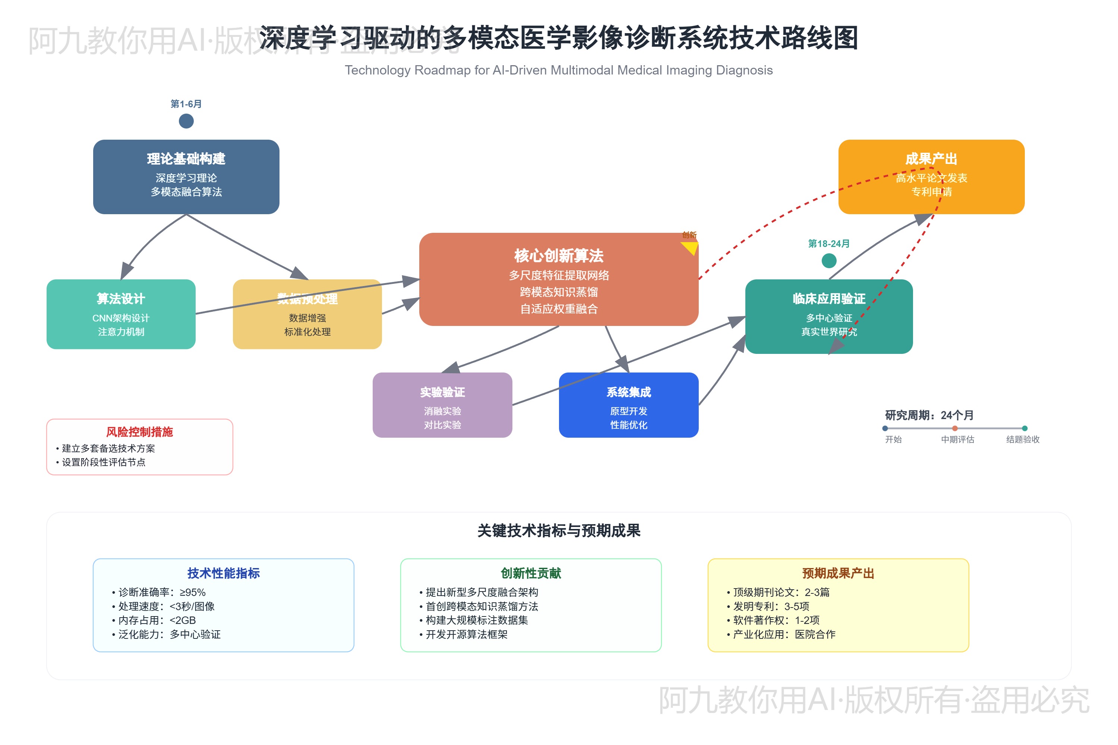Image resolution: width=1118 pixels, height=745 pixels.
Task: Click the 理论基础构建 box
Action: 186,176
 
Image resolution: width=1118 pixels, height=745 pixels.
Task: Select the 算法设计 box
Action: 121,314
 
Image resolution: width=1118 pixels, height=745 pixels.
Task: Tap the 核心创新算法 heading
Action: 559,256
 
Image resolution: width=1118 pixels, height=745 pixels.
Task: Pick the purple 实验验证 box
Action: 442,405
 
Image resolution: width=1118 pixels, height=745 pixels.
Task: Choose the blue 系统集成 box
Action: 628,405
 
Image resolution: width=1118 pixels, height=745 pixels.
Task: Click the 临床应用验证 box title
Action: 828,298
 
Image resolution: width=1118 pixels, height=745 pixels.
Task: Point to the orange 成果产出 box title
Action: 931,159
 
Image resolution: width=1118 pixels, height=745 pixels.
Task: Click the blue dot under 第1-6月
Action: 186,121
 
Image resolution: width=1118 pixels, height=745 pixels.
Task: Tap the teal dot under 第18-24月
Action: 828,260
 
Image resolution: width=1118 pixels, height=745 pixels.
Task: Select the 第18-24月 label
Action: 828,244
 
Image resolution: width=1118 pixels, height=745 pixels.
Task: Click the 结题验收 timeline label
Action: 1023,440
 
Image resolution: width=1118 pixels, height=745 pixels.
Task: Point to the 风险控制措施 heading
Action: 139,432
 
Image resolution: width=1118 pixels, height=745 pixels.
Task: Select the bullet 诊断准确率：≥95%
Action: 162,592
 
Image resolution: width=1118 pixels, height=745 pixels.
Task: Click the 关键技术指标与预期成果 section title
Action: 559,530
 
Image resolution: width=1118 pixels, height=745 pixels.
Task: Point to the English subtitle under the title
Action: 559,70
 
